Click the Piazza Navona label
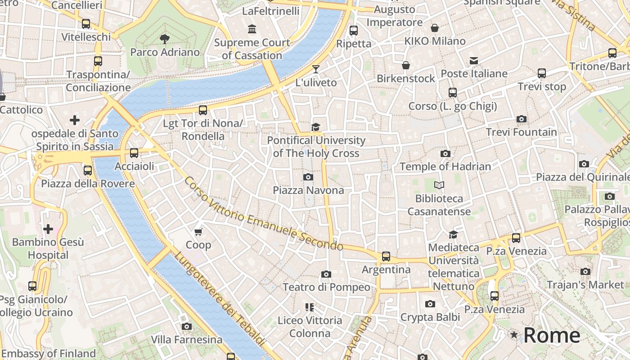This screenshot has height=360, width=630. click(308, 190)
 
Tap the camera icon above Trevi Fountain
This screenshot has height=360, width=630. click(522, 119)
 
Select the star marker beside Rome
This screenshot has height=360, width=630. click(514, 335)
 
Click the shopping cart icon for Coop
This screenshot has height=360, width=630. click(198, 232)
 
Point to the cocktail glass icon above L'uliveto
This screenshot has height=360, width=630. click(316, 69)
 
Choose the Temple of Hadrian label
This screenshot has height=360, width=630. click(445, 166)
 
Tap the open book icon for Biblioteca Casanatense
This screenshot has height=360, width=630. click(439, 185)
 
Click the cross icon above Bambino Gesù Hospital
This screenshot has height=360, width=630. click(48, 229)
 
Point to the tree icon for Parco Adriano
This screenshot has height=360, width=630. click(165, 39)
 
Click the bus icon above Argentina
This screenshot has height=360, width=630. click(386, 256)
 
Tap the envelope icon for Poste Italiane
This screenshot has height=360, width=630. click(474, 60)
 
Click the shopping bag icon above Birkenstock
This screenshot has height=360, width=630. click(406, 65)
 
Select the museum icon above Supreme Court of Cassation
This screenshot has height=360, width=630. click(252, 29)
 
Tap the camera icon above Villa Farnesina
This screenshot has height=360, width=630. click(187, 326)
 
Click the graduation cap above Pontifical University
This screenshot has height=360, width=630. click(316, 127)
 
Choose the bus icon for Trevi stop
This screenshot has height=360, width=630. click(542, 73)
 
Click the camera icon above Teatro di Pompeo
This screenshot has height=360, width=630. click(326, 274)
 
